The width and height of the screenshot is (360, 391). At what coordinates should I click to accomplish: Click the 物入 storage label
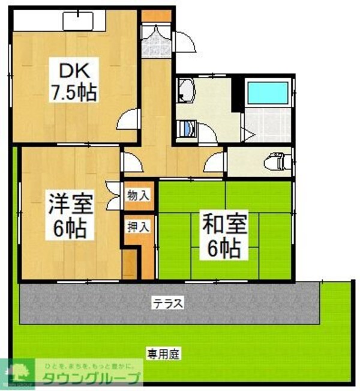[x=136, y=195]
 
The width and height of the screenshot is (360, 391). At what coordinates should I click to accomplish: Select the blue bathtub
[x=268, y=93]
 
